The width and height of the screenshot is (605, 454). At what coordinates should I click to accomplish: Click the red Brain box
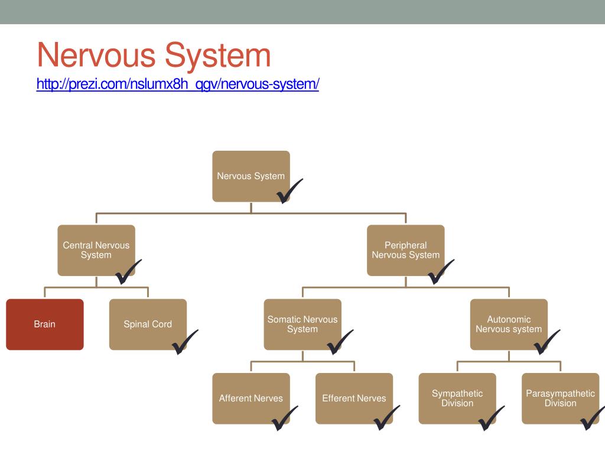point(45,324)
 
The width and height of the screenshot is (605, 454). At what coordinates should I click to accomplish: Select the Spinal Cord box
point(148,324)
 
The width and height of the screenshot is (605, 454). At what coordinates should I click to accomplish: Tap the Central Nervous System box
point(96,250)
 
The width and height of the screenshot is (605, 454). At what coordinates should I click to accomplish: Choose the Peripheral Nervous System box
point(405,250)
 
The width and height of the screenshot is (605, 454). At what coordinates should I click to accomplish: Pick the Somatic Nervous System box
point(302,324)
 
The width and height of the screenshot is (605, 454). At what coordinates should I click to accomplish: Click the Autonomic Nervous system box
point(509,324)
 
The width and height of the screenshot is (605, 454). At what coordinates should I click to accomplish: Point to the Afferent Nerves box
point(251,398)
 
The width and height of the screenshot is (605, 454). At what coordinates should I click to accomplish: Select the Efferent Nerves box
point(354,398)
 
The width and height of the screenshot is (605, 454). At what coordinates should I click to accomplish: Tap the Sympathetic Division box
point(457,398)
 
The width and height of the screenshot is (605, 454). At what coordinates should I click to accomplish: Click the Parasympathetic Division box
point(560,398)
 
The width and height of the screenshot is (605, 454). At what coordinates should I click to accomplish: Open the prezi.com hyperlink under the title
point(177,84)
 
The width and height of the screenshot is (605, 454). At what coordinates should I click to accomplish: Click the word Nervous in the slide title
point(97,56)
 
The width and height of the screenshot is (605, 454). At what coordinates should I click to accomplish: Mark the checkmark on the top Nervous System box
point(289,190)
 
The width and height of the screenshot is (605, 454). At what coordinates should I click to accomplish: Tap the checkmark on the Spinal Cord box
point(184,342)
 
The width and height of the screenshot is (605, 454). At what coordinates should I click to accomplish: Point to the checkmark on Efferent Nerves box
point(386,417)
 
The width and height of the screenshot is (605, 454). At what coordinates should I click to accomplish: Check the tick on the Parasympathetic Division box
point(592,417)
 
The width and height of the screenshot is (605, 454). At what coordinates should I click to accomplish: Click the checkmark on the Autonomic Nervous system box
point(546,342)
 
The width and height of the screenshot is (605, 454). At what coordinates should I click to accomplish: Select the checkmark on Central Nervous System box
point(128,271)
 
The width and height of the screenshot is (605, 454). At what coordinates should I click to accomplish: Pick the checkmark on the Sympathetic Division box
point(490,417)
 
